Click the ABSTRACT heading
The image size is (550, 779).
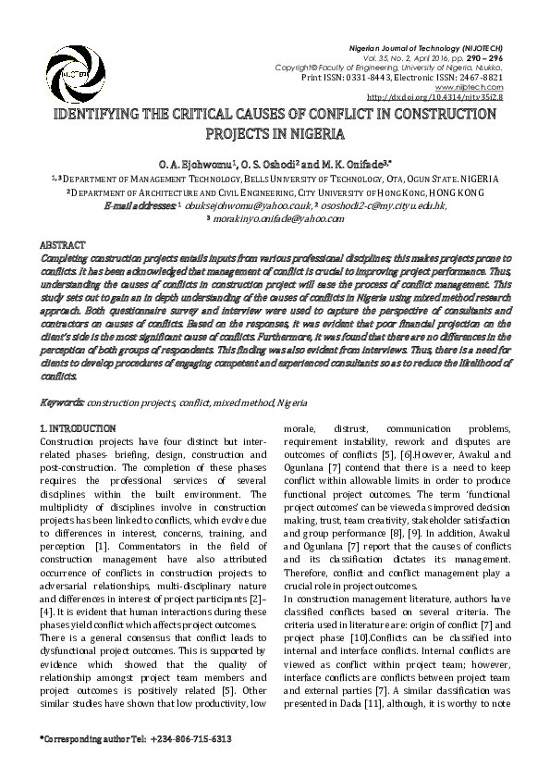64,242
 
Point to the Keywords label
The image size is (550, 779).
64,404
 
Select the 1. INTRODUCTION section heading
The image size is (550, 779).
79,429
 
